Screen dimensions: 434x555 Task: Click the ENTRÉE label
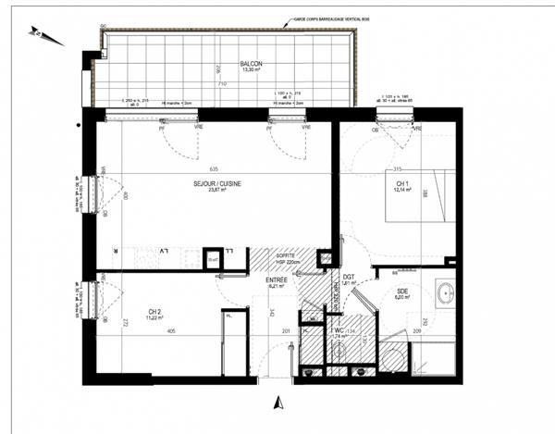point(276,279)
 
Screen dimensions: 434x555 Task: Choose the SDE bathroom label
point(402,292)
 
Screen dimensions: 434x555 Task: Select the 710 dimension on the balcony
point(223,83)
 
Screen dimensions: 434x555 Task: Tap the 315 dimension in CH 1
point(399,169)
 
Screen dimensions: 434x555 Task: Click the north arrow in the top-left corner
point(45,36)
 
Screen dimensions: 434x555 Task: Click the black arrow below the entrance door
point(274,402)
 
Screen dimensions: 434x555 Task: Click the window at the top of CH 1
point(396,115)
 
